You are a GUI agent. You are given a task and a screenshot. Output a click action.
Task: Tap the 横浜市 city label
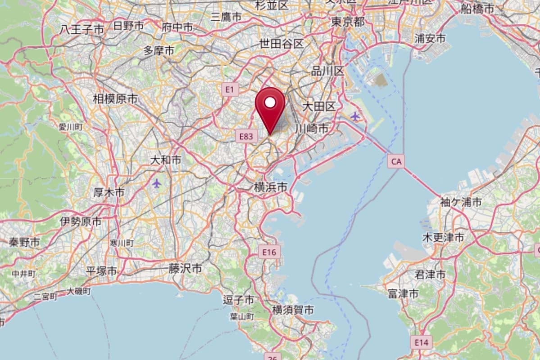coord(270,188)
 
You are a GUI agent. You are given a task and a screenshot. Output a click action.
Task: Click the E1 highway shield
coord(230,90)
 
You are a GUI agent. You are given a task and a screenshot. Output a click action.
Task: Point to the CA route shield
coord(395,161)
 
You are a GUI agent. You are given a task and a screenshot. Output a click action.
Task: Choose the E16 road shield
coord(269,252)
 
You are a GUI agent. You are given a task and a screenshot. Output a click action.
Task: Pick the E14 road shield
coord(422,342)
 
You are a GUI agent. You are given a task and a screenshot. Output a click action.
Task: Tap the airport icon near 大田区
coord(355,117)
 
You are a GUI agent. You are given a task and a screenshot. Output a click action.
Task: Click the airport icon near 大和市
coord(156,183)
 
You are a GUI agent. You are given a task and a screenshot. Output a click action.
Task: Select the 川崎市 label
coord(312,129)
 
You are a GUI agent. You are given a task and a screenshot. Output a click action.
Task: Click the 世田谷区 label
coord(281,44)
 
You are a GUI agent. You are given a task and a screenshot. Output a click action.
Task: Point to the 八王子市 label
coord(82,30)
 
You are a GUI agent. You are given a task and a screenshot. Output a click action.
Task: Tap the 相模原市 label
coord(115,99)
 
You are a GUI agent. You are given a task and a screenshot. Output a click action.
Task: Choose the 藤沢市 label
coord(185,269)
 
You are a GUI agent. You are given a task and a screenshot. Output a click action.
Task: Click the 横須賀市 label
coord(293,310)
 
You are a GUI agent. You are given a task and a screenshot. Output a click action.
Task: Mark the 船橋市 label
coord(477,9)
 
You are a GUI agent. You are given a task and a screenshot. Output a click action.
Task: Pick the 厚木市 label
coord(109,193)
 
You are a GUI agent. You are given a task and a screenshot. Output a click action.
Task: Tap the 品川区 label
coord(327,71)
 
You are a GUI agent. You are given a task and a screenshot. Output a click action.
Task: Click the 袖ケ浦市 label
coord(461,202)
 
